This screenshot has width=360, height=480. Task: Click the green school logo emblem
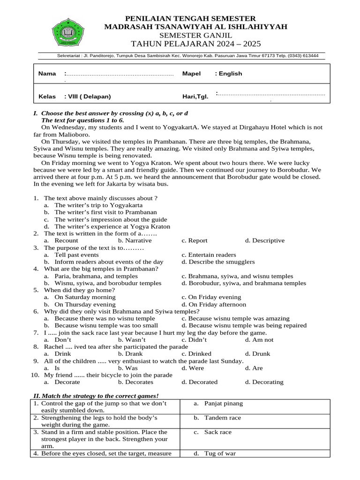pyautogui.click(x=68, y=32)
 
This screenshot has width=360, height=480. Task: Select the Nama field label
pyautogui.click(x=47, y=74)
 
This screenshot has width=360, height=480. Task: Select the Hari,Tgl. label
pyautogui.click(x=195, y=97)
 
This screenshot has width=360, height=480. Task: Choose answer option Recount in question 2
pyautogui.click(x=66, y=241)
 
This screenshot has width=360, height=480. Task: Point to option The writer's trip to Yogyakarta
pyautogui.click(x=98, y=205)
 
